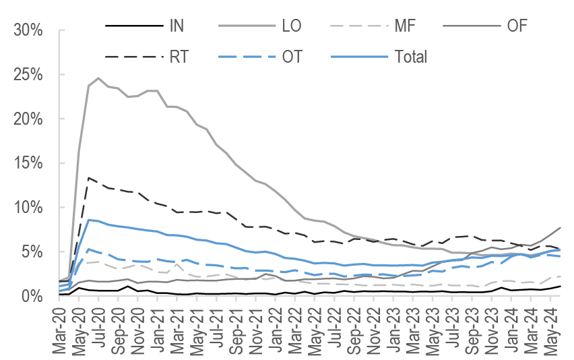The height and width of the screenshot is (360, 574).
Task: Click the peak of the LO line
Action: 98,78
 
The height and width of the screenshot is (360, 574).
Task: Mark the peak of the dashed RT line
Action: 89,178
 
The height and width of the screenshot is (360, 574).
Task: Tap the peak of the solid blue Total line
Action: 89,220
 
